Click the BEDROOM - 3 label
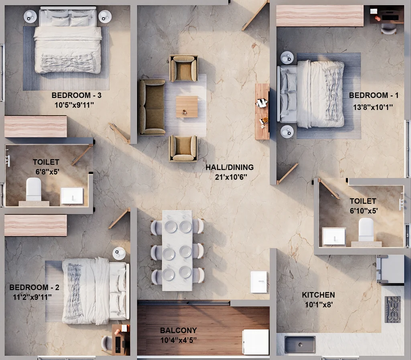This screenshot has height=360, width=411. coord(77,95)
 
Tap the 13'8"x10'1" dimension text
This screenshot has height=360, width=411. coord(373,107)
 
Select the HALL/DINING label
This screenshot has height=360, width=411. coord(230,167)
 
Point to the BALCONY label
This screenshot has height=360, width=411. coord(179,330)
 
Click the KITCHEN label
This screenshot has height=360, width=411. coord(318,295)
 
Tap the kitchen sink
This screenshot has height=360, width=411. coord(300,344)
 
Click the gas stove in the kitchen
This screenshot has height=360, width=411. coord(393,309)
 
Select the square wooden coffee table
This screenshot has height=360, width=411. coord(187,107)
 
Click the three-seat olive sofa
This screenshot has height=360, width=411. coord(152,107)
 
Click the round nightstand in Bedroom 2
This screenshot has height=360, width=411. coord(119,254)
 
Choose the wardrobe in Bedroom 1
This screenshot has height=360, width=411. coord(320,16)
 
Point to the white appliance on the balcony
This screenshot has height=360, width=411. coord(256,342)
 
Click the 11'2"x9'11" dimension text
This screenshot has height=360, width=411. coord(32,297)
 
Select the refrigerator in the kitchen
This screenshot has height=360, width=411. coord(390,270)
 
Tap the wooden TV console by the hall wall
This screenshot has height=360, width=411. coord(262,111)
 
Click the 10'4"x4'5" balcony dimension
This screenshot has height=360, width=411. coord(179,340)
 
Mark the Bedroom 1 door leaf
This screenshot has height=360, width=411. coord(288,173)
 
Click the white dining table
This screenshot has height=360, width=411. coord(177,250)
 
